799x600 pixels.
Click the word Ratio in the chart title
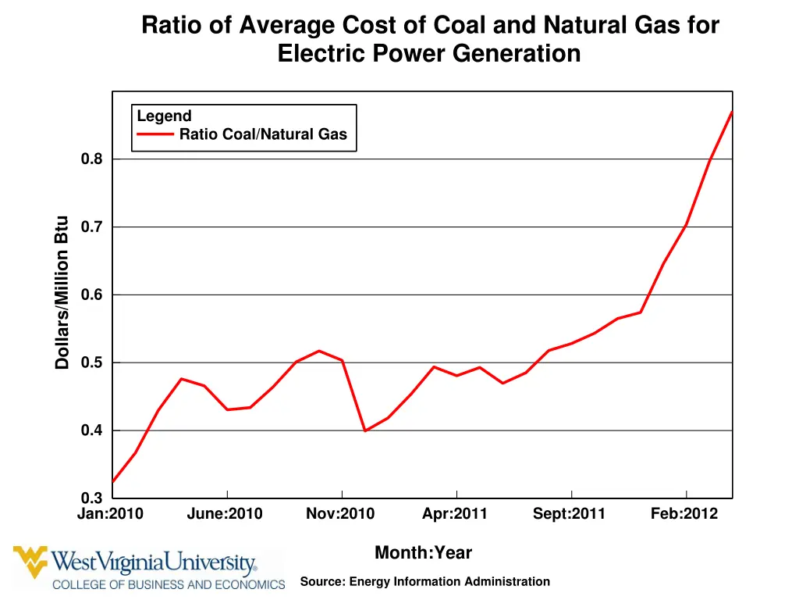(165, 26)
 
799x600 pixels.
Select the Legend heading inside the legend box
(164, 116)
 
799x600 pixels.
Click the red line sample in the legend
(155, 134)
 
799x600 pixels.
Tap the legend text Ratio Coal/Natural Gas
(263, 134)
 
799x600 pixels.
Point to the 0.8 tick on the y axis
(91, 159)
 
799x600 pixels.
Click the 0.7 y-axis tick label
(91, 227)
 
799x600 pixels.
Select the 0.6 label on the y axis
(91, 295)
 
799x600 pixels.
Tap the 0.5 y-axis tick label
(91, 363)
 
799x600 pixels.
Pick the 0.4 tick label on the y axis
(91, 431)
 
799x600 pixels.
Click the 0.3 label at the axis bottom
(91, 498)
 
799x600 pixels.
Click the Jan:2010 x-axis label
(110, 514)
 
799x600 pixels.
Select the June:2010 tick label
(225, 514)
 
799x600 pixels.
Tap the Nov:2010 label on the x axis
(340, 514)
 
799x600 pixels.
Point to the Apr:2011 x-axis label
(455, 514)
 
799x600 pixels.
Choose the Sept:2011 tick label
(569, 514)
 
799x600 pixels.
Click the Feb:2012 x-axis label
(684, 514)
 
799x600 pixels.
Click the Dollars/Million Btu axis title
(62, 293)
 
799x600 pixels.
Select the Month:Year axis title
(423, 553)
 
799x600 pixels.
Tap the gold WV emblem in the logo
(30, 562)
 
